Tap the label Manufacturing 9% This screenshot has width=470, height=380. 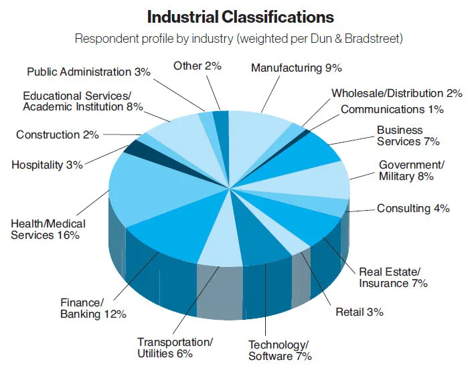click(297, 68)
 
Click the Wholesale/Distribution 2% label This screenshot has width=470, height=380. click(396, 94)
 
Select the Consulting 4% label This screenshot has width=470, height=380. click(412, 208)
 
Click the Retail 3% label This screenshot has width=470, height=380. click(359, 312)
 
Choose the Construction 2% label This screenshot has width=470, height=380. click(58, 134)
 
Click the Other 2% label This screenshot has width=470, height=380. click(197, 65)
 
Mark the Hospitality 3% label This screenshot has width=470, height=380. click(47, 164)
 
